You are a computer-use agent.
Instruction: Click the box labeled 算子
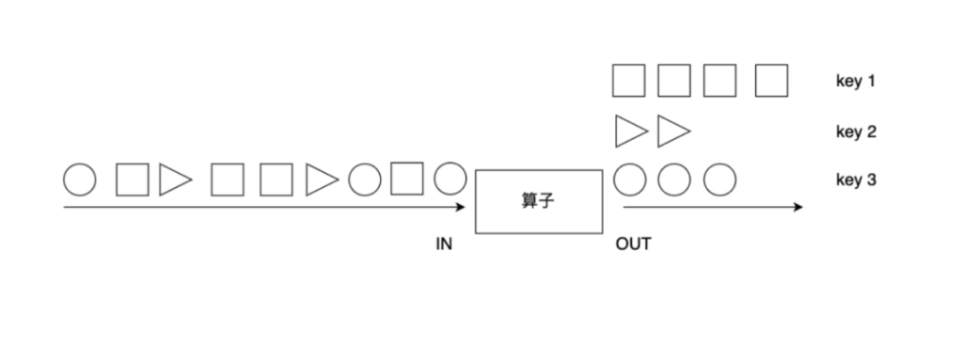[x=539, y=201]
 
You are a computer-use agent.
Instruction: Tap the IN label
[x=444, y=244]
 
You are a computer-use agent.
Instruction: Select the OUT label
[x=633, y=244]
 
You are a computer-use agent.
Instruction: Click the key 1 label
[x=855, y=82]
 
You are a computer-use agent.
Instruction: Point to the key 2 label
[x=856, y=132]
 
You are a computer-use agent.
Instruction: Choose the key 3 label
[x=856, y=179]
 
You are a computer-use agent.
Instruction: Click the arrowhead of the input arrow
[x=461, y=207]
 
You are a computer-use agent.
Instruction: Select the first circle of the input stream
[x=80, y=179]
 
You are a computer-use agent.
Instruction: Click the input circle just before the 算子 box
[x=450, y=179]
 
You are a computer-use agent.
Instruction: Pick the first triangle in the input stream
[x=175, y=179]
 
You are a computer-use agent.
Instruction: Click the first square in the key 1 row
[x=628, y=81]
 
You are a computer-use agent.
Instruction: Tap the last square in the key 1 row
[x=770, y=81]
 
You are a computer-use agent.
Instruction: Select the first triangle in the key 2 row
[x=630, y=131]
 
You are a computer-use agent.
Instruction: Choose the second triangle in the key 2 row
[x=673, y=131]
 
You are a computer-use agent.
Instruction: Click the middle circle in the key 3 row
[x=674, y=179]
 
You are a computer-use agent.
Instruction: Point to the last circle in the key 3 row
[x=719, y=179]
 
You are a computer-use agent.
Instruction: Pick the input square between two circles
[x=406, y=179]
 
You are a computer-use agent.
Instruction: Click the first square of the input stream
[x=132, y=179]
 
